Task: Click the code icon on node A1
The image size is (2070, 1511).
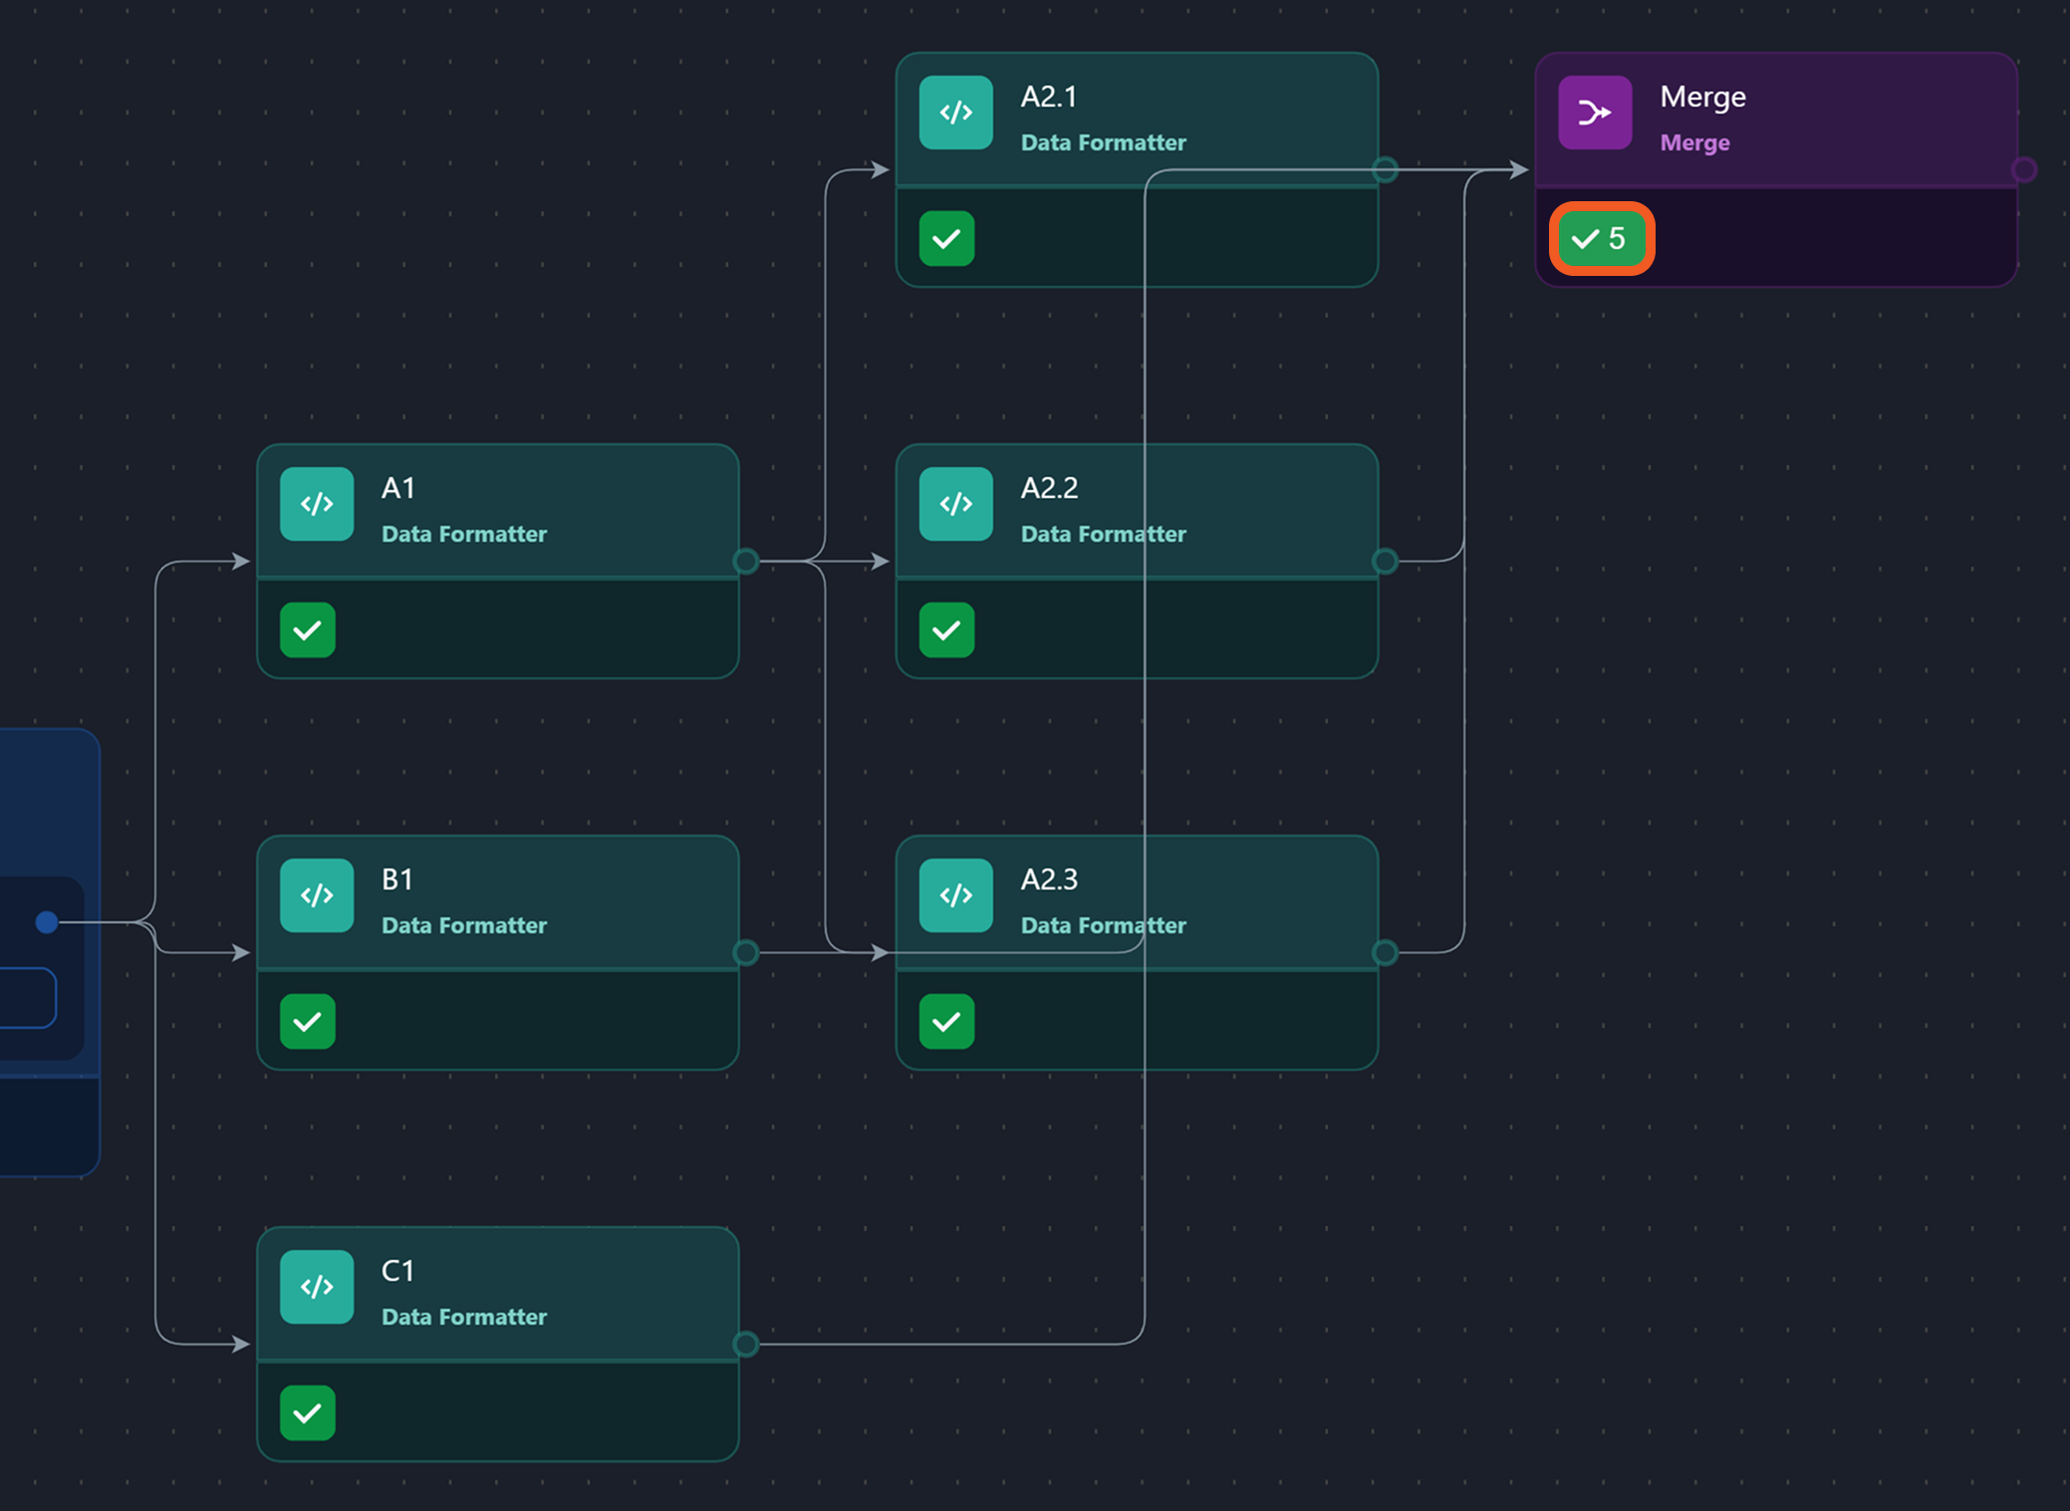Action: (x=317, y=504)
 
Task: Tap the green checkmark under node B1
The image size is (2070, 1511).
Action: (x=308, y=1021)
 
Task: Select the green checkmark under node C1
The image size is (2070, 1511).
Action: (x=308, y=1412)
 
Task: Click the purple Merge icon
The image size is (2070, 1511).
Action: (x=1595, y=113)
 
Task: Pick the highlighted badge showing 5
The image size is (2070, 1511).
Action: (x=1601, y=239)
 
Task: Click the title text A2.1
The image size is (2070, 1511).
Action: (x=1049, y=97)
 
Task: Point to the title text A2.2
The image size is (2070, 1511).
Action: (x=1049, y=488)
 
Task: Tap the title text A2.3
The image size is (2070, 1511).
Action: (x=1049, y=880)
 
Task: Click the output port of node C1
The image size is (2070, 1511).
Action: (x=746, y=1344)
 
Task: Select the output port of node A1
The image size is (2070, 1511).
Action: (x=746, y=561)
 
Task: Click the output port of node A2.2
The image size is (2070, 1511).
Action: (x=1385, y=561)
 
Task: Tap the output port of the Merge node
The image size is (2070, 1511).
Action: (x=2023, y=169)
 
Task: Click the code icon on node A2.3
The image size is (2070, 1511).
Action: (x=956, y=895)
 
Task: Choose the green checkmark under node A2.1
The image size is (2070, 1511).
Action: (x=946, y=239)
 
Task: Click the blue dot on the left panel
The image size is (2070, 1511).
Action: (x=46, y=921)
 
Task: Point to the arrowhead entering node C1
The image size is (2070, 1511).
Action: (x=241, y=1344)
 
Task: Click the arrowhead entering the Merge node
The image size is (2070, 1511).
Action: (x=1519, y=169)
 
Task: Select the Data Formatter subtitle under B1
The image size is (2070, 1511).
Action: (x=464, y=925)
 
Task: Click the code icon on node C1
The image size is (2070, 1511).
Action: (x=317, y=1287)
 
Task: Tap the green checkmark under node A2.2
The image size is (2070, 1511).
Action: (x=946, y=630)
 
